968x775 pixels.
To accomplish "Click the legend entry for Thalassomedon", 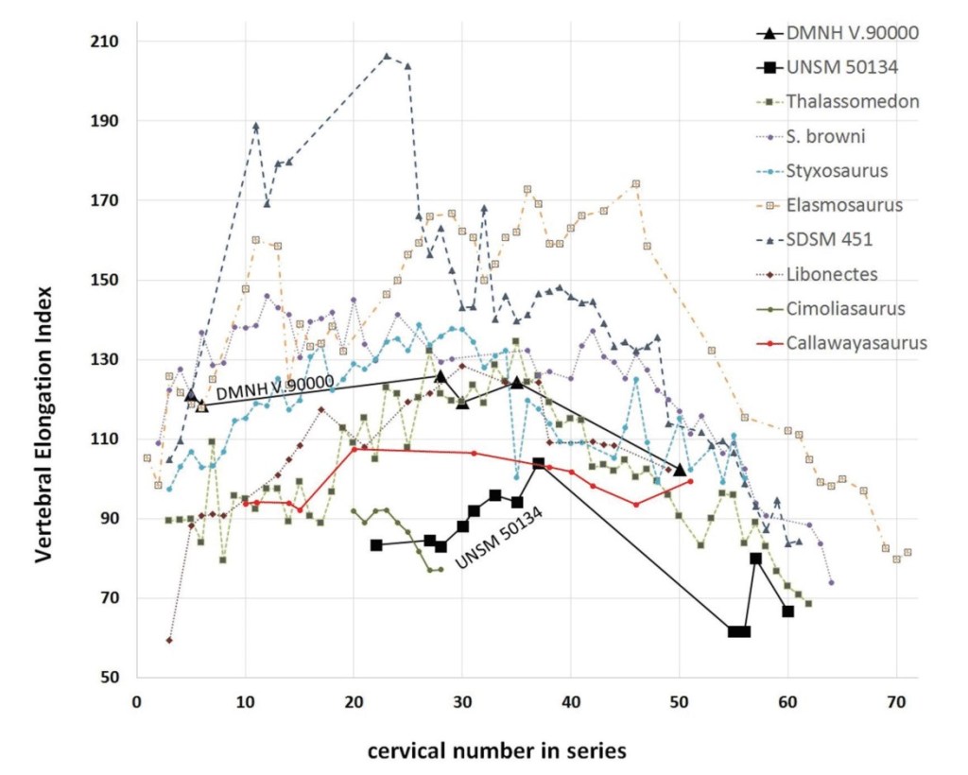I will pos(854,102).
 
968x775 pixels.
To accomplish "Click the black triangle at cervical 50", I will pos(680,470).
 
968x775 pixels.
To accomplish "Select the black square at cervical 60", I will pos(787,611).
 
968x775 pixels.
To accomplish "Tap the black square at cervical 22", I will pos(376,545).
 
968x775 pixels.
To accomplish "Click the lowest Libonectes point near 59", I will pos(169,641).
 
